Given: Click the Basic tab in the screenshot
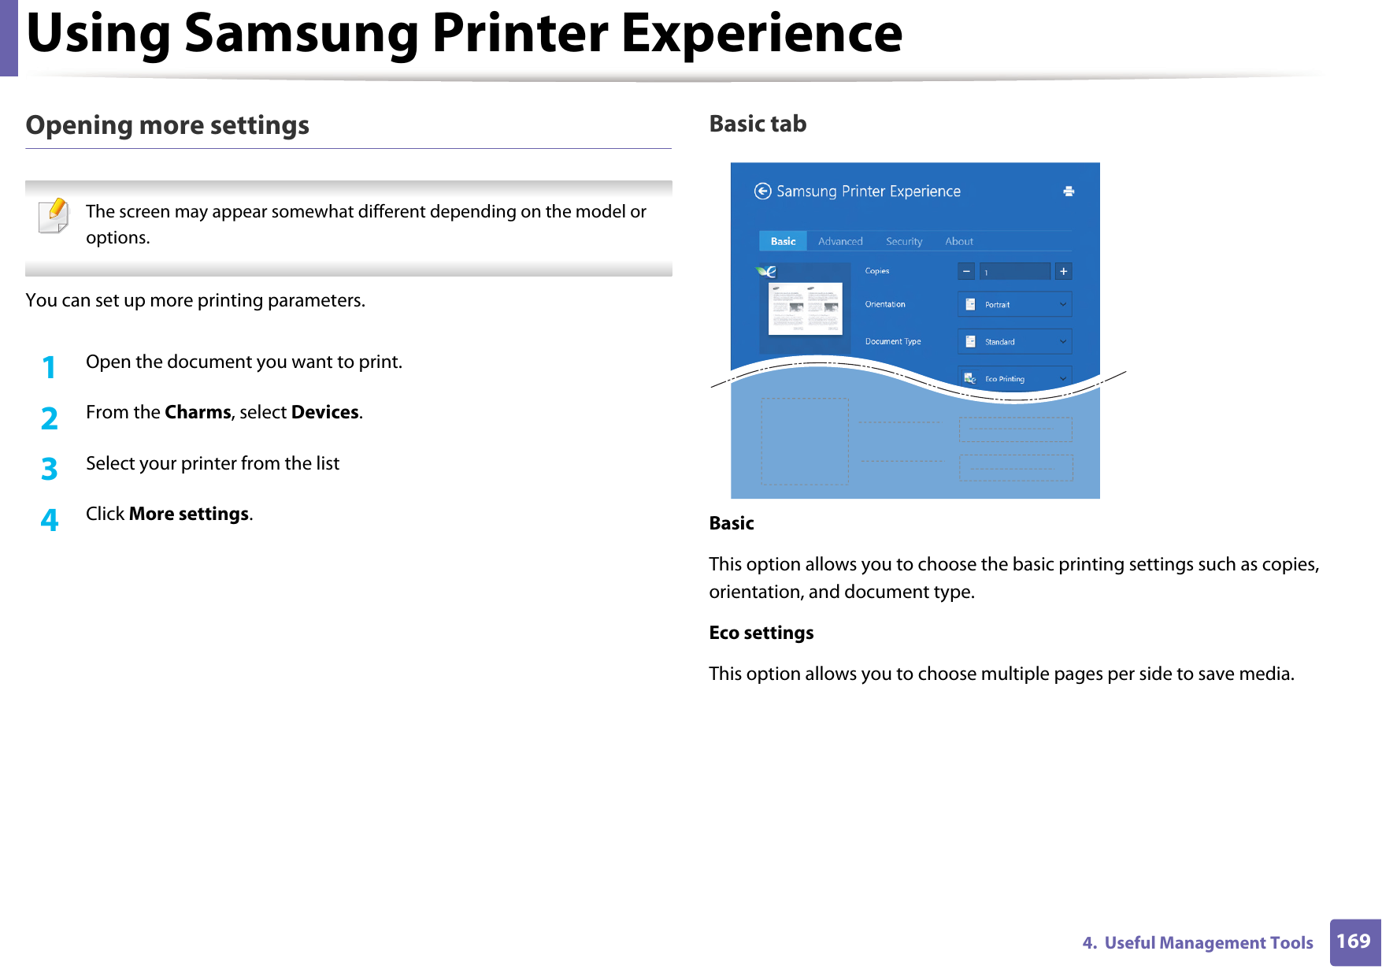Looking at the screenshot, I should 783,241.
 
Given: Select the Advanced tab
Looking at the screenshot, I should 840,241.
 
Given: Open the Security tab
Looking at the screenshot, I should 903,241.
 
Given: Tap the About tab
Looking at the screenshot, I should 958,241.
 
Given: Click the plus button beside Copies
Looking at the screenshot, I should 1063,271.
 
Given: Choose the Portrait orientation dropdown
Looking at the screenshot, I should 1014,304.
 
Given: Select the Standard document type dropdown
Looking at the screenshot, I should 1014,341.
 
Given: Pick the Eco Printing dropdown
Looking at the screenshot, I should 1014,378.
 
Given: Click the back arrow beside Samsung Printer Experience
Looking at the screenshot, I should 762,191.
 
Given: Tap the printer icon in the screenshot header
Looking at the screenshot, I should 1069,191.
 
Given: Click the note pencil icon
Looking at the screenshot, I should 54,215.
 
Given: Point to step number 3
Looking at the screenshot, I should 49,469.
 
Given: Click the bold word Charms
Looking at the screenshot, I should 198,412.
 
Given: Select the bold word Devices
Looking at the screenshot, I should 324,412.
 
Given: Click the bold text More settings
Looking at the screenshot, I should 189,514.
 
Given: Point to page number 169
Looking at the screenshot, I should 1353,942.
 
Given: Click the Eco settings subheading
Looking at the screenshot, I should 761,633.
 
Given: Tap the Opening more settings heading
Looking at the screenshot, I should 167,125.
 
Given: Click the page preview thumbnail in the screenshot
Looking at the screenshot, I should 805,309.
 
